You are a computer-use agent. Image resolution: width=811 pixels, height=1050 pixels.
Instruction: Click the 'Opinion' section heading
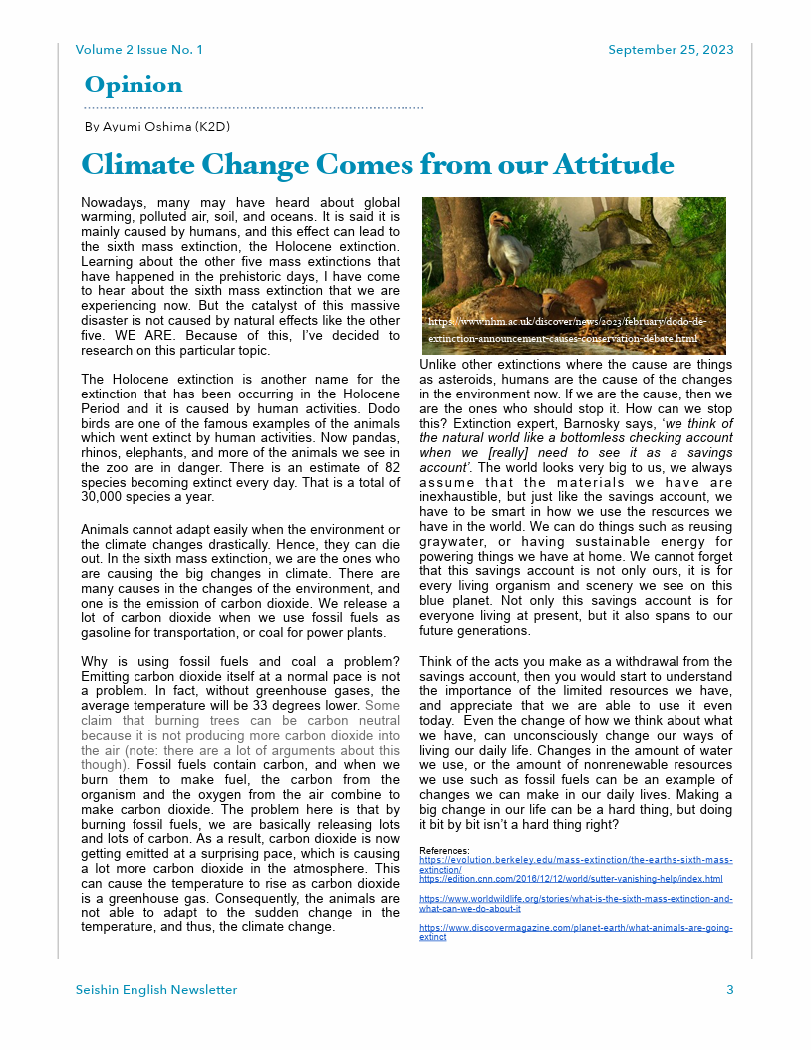[134, 85]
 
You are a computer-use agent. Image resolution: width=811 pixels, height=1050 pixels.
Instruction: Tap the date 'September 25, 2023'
[671, 50]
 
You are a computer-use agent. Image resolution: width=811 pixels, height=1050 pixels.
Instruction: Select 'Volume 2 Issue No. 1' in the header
[138, 50]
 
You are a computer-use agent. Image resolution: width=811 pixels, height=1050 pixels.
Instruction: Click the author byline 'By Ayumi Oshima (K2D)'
[157, 127]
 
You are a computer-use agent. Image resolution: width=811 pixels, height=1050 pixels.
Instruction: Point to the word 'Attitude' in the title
[613, 164]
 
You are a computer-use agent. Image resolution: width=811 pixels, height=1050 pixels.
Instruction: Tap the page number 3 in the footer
[729, 990]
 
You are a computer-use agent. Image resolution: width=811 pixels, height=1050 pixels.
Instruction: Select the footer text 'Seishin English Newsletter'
[156, 990]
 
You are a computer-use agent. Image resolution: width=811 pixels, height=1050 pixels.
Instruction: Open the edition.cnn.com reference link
[571, 879]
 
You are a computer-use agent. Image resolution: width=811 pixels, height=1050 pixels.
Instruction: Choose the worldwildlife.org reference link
[576, 903]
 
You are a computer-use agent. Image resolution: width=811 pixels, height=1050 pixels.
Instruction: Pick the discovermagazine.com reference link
[576, 932]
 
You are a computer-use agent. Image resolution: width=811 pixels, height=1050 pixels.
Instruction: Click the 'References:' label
[444, 850]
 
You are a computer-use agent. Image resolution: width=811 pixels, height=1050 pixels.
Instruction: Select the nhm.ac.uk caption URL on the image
[567, 331]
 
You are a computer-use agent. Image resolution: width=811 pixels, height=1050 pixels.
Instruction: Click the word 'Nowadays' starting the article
[112, 203]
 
